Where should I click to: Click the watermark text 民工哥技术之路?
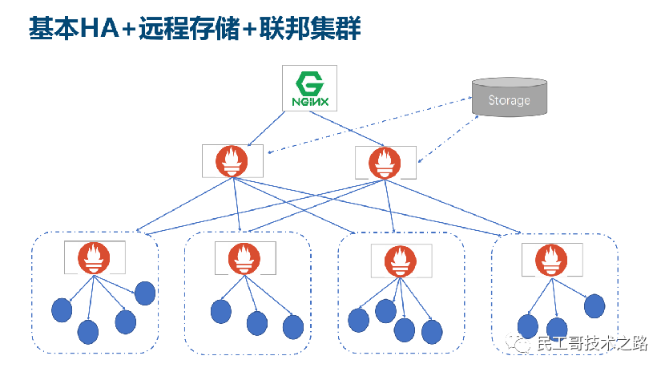pos(591,344)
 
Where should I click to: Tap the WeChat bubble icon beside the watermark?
pos(522,344)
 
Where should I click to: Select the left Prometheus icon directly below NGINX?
pos(232,161)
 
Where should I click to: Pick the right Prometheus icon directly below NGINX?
pos(385,161)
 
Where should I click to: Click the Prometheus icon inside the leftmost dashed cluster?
pos(94,257)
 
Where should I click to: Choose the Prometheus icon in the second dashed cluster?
pos(244,257)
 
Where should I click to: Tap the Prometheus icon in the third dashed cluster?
pos(397,260)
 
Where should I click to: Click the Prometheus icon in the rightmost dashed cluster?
pos(549,257)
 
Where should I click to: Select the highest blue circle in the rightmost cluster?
pos(594,305)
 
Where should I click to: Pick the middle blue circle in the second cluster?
pos(256,323)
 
